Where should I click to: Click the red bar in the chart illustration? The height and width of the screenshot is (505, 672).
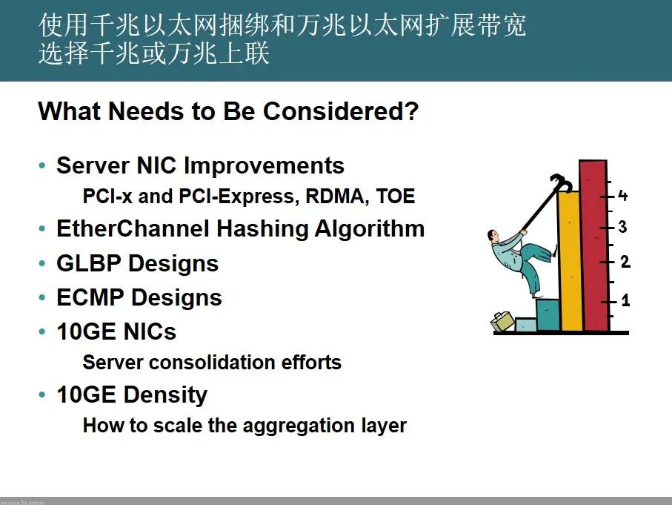tap(593, 245)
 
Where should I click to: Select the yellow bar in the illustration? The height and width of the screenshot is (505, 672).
tap(570, 261)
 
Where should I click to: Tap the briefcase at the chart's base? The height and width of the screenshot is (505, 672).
tap(503, 321)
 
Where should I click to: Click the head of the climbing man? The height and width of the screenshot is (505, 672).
tap(493, 236)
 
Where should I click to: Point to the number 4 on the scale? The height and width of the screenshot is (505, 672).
tap(622, 196)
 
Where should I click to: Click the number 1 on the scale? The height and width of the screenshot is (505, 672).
tap(625, 300)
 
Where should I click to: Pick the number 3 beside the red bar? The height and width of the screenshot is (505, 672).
tap(622, 226)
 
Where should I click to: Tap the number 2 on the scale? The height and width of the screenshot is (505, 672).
tap(625, 261)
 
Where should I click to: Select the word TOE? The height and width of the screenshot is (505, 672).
tap(396, 196)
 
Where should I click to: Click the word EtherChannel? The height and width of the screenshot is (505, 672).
tap(133, 228)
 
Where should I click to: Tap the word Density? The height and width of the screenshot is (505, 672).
tap(166, 395)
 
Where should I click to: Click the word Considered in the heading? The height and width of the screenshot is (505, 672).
tap(341, 111)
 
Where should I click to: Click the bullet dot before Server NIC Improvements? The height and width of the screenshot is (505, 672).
tap(41, 165)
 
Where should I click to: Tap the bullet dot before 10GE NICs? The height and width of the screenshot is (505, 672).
tap(41, 331)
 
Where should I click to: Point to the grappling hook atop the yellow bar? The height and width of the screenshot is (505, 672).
tap(561, 183)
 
